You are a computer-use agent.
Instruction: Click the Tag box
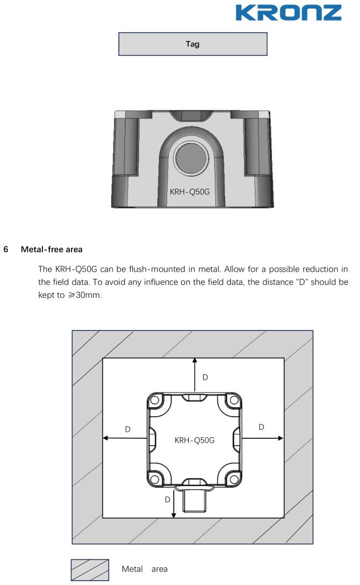coord(193,44)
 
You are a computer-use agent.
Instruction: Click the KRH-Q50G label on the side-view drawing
coord(192,192)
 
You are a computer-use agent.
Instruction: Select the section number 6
coord(6,250)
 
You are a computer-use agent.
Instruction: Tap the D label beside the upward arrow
coord(205,377)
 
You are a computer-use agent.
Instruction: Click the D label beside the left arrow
coord(127,429)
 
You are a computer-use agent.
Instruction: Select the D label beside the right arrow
coord(261,427)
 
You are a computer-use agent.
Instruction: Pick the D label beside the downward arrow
coord(167,499)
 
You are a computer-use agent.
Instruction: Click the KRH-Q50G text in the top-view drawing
coord(194,441)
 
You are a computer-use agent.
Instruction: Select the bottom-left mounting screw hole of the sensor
coord(156,478)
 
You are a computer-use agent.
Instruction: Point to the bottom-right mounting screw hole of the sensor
coord(234,478)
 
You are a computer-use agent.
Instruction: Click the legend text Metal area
coord(145,569)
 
